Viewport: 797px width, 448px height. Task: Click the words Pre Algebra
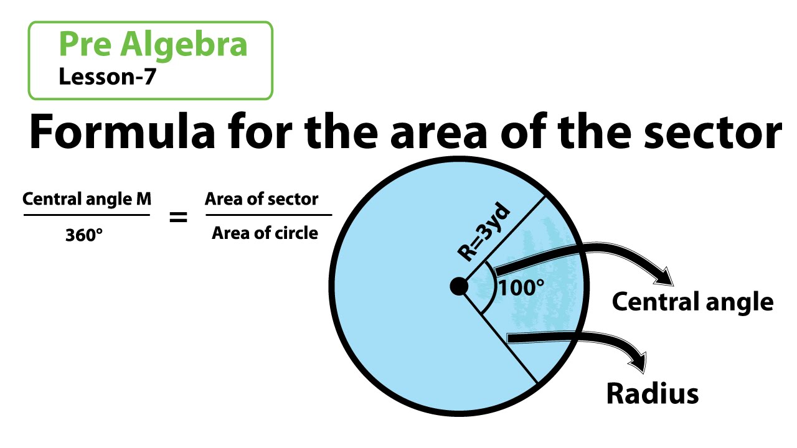click(x=153, y=45)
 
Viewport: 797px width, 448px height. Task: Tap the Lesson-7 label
click(x=106, y=77)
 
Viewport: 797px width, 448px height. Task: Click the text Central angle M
click(x=87, y=199)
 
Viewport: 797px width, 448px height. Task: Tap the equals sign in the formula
click(x=178, y=218)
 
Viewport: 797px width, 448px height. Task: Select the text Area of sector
click(x=262, y=199)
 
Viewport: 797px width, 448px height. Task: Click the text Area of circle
click(x=265, y=233)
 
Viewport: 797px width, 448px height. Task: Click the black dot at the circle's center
click(x=459, y=286)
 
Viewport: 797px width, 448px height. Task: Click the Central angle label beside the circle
click(x=692, y=302)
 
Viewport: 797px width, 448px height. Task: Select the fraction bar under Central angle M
click(x=87, y=216)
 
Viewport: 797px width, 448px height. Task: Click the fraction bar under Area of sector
click(x=268, y=216)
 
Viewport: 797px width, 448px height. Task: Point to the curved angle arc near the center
click(x=492, y=287)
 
